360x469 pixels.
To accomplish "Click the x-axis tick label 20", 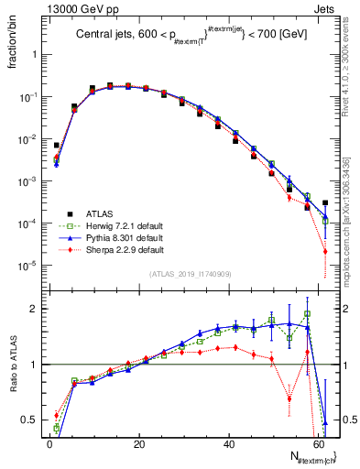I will [x=138, y=444].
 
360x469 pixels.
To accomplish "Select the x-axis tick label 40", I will [x=228, y=444].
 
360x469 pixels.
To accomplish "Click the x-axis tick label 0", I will [x=49, y=444].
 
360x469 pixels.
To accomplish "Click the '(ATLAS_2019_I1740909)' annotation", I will [x=189, y=274].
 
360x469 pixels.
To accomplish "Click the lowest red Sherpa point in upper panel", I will [x=326, y=252].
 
